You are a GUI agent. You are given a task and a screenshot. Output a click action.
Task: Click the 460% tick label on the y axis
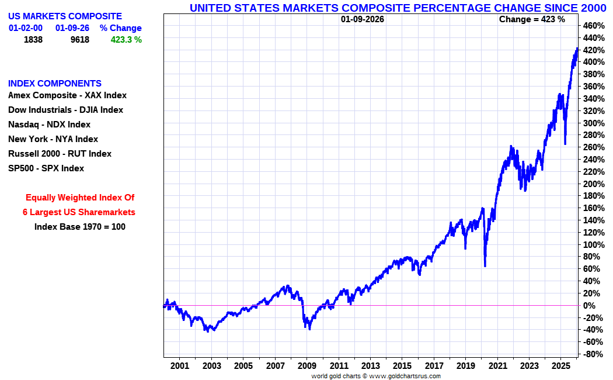coord(594,26)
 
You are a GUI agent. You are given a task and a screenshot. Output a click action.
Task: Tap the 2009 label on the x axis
coord(307,366)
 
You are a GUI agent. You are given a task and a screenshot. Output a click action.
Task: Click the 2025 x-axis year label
coord(560,366)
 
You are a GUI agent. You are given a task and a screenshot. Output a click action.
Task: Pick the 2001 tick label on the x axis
coord(180,366)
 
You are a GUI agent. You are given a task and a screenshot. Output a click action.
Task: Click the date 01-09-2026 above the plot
coord(363,19)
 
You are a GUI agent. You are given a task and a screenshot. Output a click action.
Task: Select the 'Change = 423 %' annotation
coord(532,19)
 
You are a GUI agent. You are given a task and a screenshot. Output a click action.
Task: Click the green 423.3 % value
coord(126,40)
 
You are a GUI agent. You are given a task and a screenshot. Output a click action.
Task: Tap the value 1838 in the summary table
coord(33,40)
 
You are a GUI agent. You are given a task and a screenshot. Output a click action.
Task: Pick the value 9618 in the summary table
coord(79,40)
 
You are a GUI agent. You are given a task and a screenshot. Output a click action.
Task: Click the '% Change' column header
coord(120,28)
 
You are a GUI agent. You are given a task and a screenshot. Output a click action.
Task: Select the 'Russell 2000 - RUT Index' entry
coord(60,154)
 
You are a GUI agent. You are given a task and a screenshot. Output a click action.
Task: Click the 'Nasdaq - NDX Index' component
coord(49,125)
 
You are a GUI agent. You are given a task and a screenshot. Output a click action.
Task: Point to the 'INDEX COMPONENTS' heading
coord(55,84)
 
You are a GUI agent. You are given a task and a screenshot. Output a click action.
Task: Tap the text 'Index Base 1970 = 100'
coord(79,227)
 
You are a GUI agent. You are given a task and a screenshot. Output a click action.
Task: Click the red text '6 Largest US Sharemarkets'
coord(79,212)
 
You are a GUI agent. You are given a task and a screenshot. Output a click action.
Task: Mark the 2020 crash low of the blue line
coord(485,266)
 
